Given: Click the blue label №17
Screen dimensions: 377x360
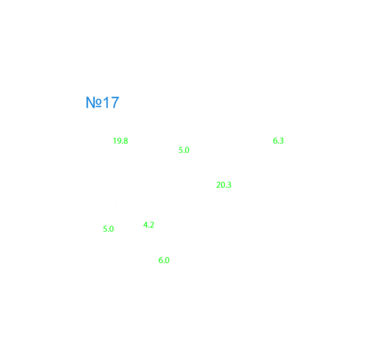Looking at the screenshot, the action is tap(102, 102).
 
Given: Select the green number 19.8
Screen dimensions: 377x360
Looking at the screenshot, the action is tap(121, 141).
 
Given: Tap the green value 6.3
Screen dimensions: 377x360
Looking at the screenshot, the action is tap(279, 141).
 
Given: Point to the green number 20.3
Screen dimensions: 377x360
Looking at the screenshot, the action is tap(224, 185).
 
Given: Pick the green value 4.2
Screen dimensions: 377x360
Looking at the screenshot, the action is tap(149, 225).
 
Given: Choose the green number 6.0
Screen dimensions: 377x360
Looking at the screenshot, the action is tap(164, 260).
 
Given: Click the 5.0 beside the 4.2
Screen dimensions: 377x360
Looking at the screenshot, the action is tap(108, 229).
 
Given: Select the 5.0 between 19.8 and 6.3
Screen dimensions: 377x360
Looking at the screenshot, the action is tap(184, 150).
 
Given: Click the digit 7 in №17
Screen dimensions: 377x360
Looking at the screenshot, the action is tap(115, 102).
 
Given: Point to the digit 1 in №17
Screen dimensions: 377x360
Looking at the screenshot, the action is tap(106, 102).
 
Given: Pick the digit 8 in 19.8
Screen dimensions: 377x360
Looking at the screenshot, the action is tap(126, 141).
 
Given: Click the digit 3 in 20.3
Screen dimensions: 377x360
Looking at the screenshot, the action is tap(229, 185).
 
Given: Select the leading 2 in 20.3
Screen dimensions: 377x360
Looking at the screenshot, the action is tap(218, 185).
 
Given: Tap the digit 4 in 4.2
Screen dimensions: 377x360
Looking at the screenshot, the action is tap(146, 225).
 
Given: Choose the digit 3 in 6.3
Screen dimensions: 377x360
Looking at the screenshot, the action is tap(282, 141).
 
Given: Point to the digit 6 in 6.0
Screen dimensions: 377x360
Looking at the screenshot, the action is tap(161, 260).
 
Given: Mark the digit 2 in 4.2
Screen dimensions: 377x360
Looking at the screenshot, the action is tap(152, 225).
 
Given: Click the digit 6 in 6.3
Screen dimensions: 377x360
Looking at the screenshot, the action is tap(275, 141).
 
